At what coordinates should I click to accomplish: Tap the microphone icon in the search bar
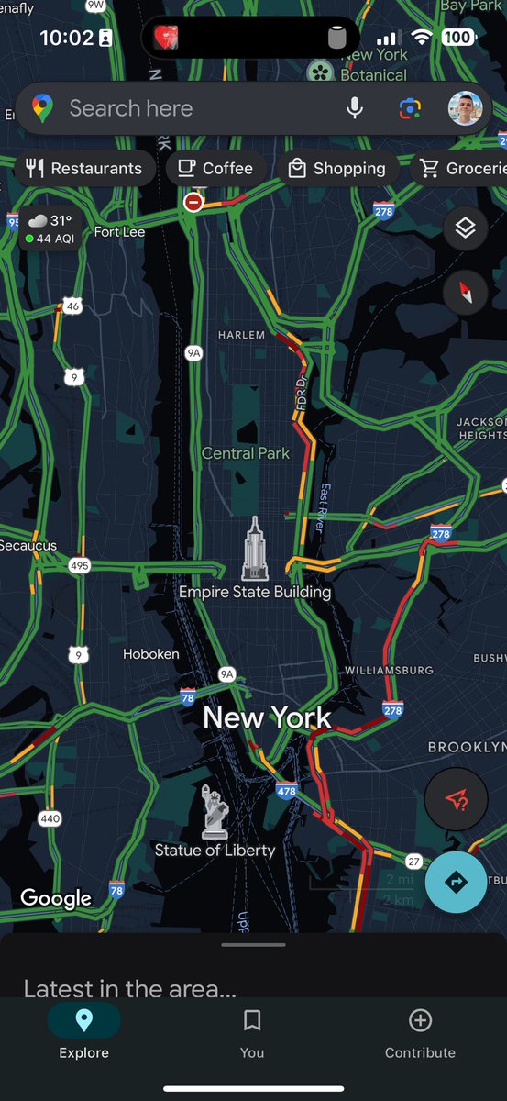coord(355,108)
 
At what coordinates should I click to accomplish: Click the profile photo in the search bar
coord(465,108)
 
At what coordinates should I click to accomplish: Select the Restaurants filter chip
coord(84,168)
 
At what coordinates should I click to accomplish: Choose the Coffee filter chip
coord(215,168)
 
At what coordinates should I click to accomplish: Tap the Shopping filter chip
coord(336,168)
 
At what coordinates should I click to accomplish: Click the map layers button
coord(465,228)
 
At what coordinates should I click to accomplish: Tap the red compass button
coord(465,294)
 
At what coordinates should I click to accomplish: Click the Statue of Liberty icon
coord(214,811)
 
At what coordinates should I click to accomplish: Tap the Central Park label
coord(245,453)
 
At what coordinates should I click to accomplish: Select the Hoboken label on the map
coord(151,654)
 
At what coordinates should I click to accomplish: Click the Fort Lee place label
coord(119,232)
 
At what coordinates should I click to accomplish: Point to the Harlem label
coord(241,335)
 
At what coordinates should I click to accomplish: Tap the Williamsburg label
coord(389,671)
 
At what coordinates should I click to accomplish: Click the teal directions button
coord(456,882)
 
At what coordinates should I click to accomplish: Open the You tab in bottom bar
coord(252,1031)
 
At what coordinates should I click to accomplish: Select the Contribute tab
coord(420,1031)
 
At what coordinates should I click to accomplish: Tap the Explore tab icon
coord(83,1020)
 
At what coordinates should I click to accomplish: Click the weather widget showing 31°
coord(50,228)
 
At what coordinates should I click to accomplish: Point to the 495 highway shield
coord(80,565)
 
